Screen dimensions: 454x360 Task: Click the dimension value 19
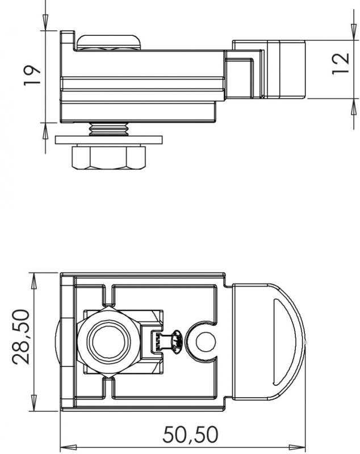[x=34, y=75]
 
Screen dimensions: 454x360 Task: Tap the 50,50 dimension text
[x=190, y=435]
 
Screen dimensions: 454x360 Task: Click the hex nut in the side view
[x=109, y=158]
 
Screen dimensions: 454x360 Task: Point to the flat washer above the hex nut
[x=109, y=139]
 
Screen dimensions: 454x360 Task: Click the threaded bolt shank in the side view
[x=109, y=130]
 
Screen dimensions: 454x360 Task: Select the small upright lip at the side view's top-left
[x=67, y=40]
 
